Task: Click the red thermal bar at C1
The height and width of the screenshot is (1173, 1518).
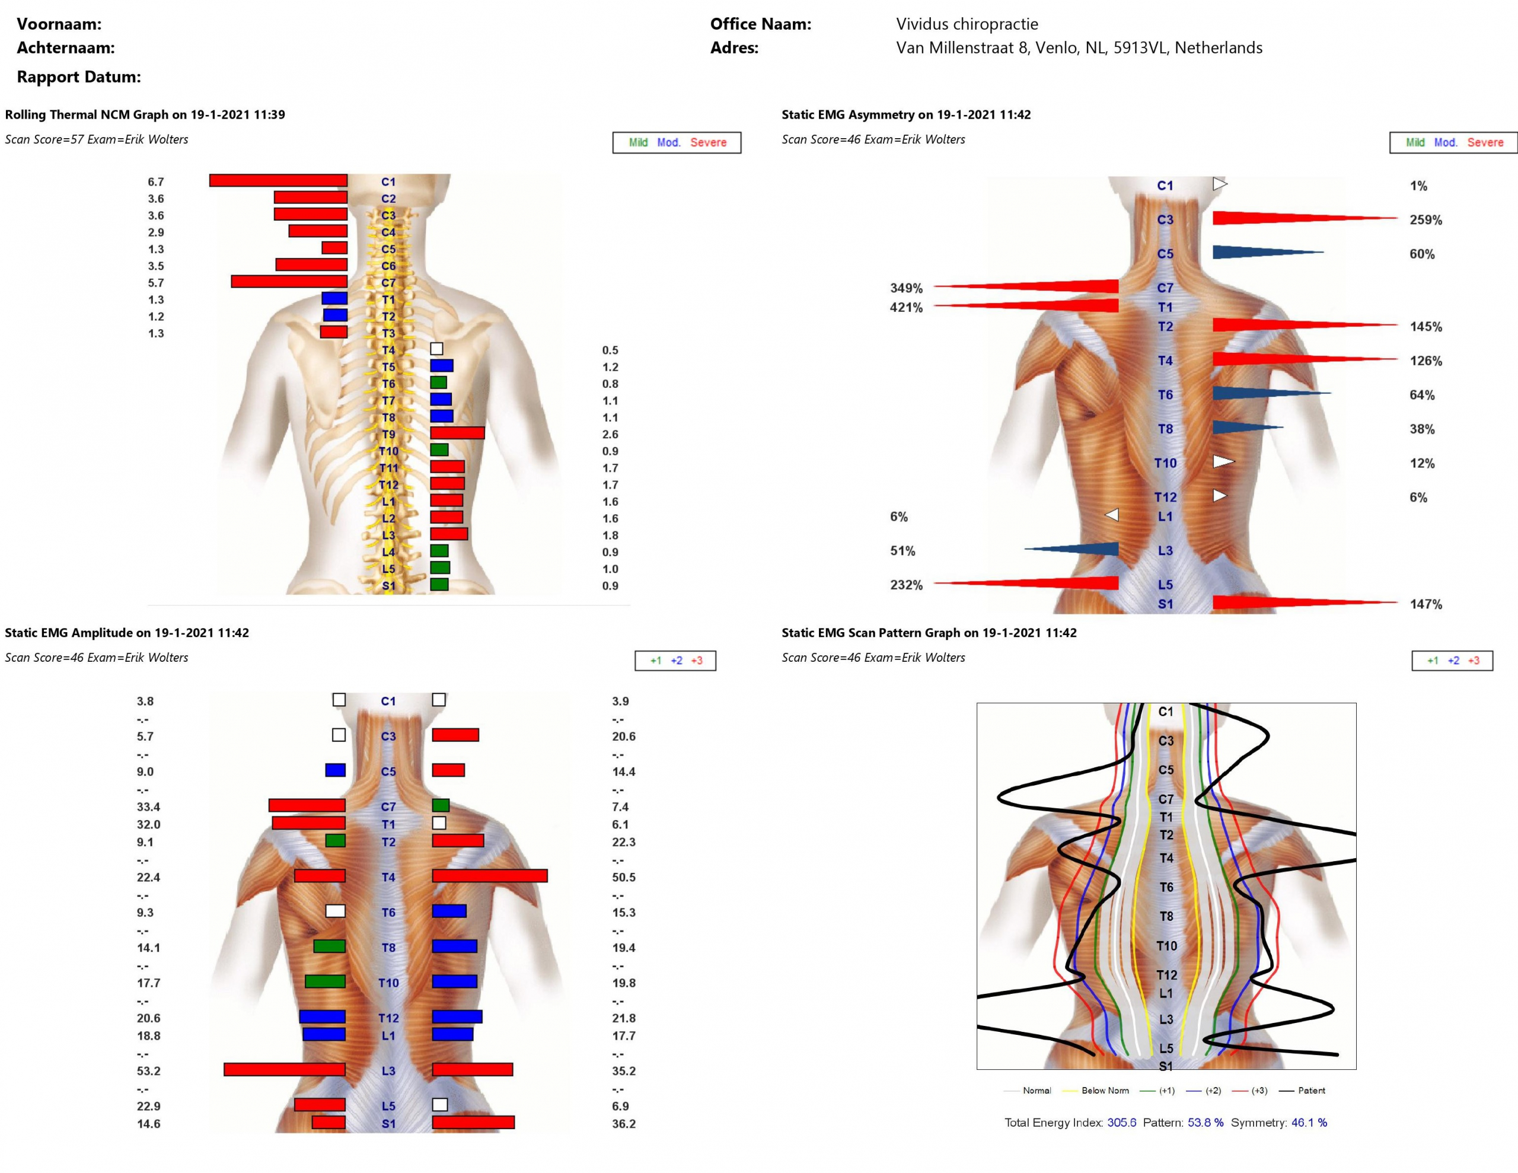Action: coord(278,181)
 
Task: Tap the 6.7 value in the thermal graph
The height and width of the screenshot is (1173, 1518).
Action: coord(156,182)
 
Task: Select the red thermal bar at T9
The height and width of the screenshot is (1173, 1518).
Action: coord(457,433)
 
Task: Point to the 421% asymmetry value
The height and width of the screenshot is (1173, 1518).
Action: coord(906,307)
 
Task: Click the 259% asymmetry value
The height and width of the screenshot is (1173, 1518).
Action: coord(1425,221)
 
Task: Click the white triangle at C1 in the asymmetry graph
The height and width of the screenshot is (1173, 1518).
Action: coord(1220,184)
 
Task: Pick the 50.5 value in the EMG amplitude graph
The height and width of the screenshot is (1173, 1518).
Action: coord(623,878)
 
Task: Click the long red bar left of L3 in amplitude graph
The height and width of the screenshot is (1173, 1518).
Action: coord(284,1069)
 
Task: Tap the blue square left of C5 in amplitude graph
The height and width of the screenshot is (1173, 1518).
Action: coord(336,770)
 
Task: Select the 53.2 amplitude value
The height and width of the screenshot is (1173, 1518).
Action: coord(148,1071)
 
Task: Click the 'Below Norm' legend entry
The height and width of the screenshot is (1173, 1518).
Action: coord(1105,1090)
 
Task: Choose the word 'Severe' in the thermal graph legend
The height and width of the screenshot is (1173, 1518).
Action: coord(707,142)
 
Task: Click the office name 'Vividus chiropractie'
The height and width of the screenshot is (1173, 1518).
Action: coord(967,24)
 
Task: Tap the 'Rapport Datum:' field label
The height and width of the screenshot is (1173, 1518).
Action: coord(78,77)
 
